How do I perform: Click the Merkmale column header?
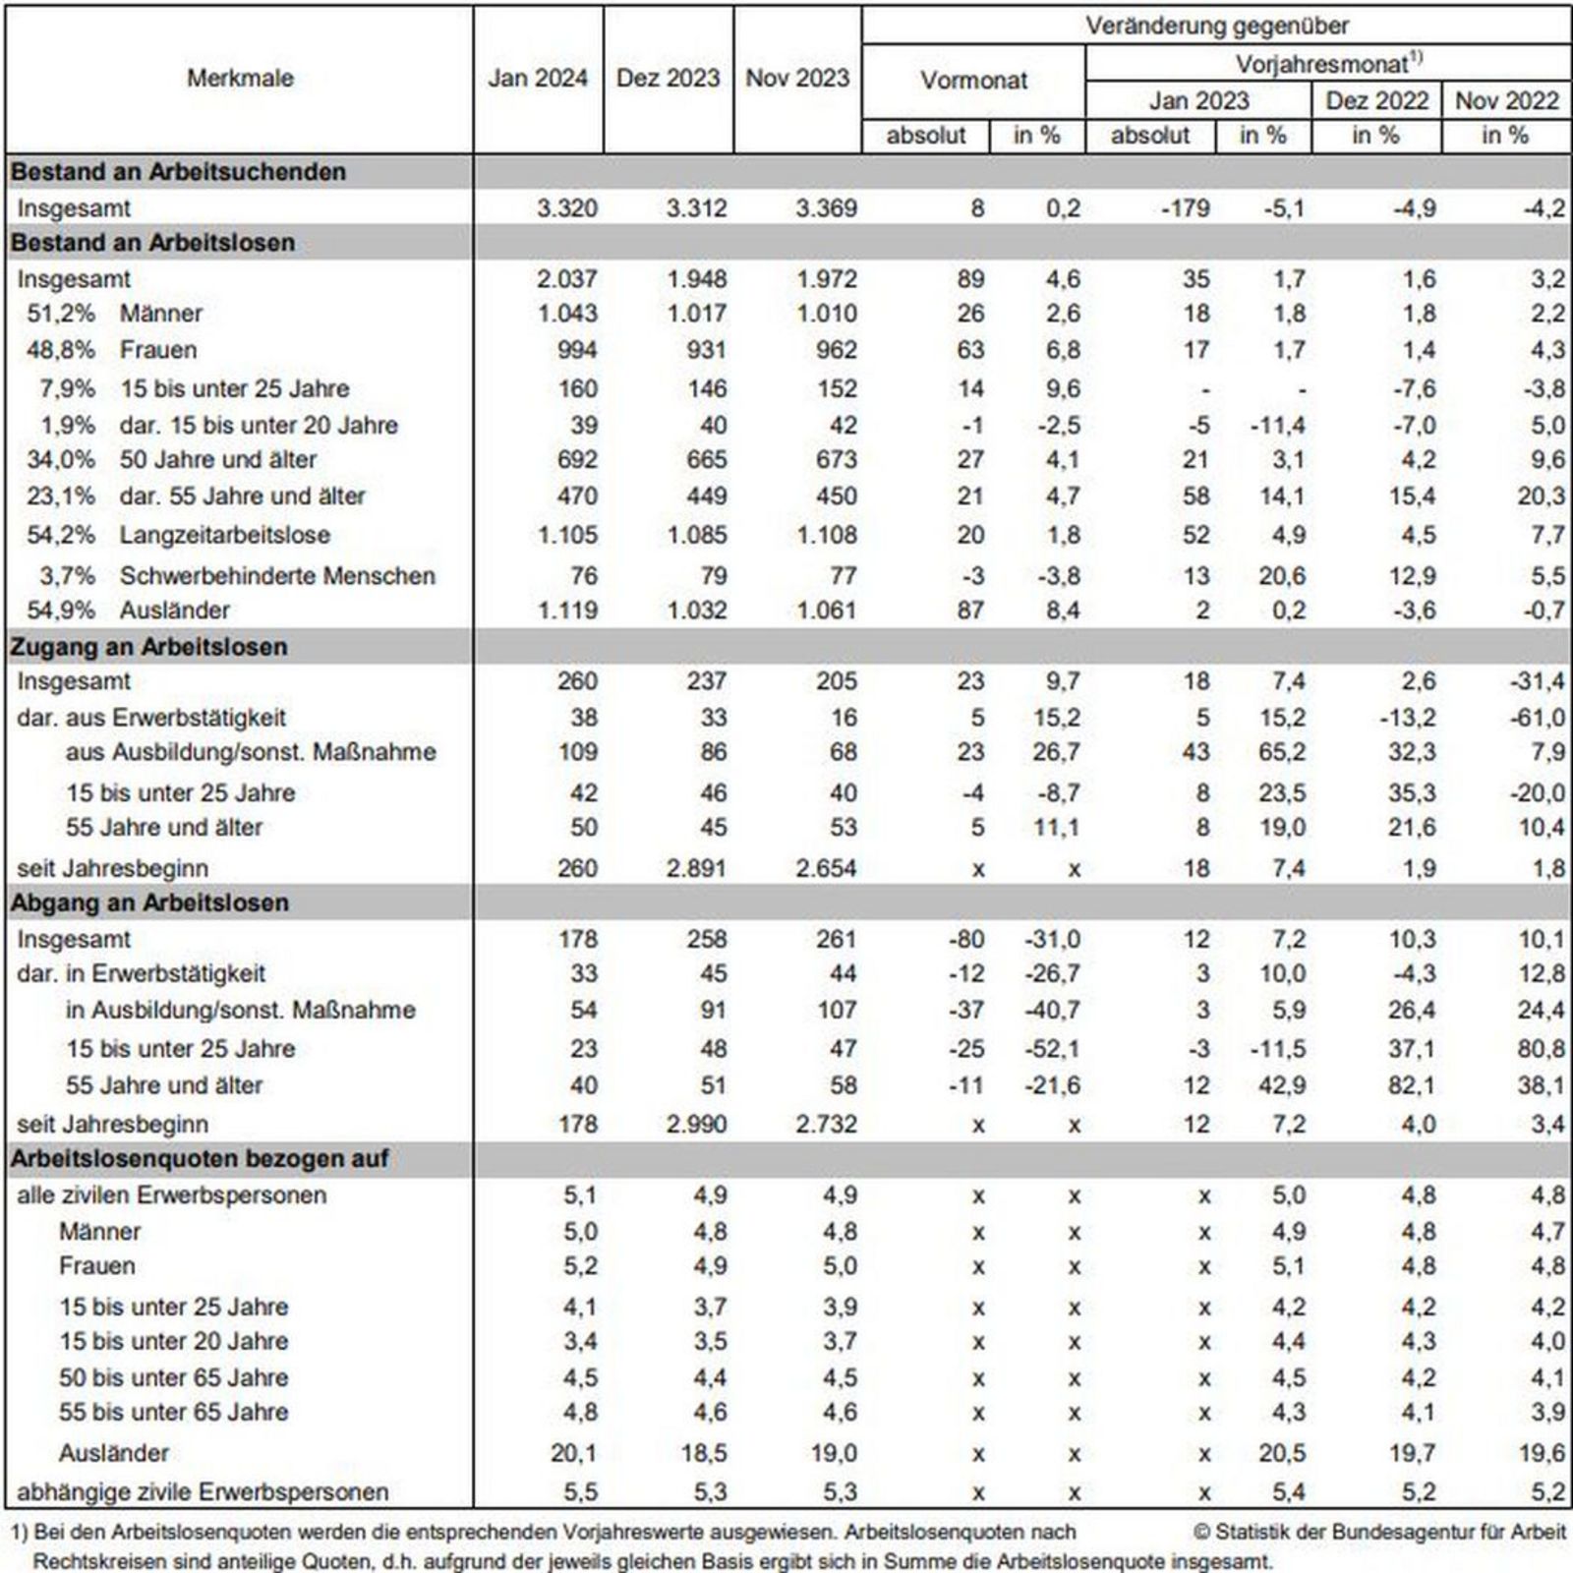pyautogui.click(x=240, y=79)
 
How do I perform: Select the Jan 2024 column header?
pyautogui.click(x=538, y=79)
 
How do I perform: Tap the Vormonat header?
pyautogui.click(x=973, y=81)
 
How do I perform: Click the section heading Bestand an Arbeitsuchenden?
pyautogui.click(x=178, y=172)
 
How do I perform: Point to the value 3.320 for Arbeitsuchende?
pyautogui.click(x=567, y=208)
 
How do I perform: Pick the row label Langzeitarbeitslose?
pyautogui.click(x=224, y=536)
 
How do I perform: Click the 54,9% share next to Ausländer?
pyautogui.click(x=61, y=611)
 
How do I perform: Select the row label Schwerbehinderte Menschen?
pyautogui.click(x=277, y=576)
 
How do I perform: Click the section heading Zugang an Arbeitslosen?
pyautogui.click(x=148, y=647)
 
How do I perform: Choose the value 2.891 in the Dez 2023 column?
pyautogui.click(x=696, y=869)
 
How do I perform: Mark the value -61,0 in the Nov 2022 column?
pyautogui.click(x=1537, y=718)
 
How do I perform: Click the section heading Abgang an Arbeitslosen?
pyautogui.click(x=149, y=903)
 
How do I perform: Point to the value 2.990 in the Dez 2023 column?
pyautogui.click(x=696, y=1125)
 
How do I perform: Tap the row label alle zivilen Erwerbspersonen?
pyautogui.click(x=172, y=1195)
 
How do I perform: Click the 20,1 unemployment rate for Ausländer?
pyautogui.click(x=573, y=1453)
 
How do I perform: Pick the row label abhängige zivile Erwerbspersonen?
pyautogui.click(x=203, y=1492)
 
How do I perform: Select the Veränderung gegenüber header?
pyautogui.click(x=1216, y=27)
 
